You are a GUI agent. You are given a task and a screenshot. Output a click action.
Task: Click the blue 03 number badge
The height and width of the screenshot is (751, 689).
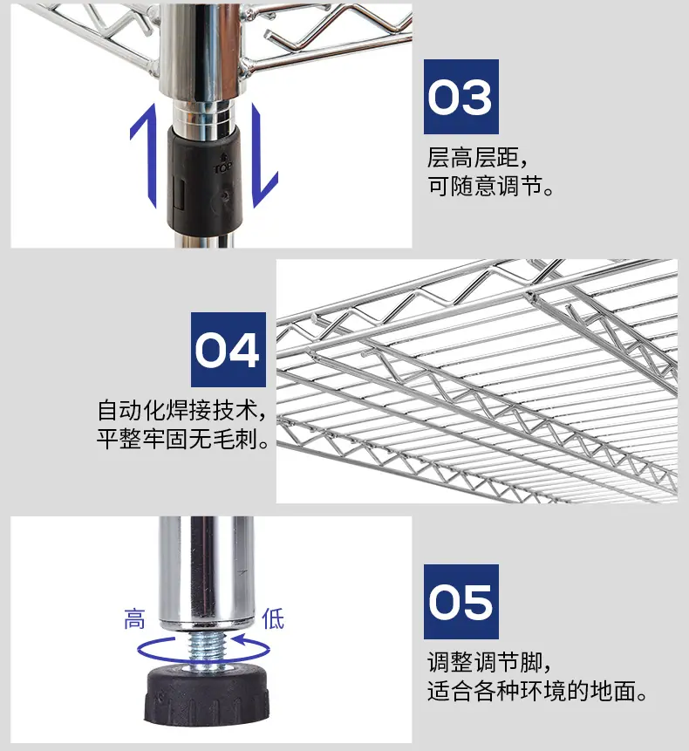pos(461,97)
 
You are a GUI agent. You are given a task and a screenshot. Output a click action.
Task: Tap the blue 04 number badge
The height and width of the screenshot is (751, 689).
pos(229,350)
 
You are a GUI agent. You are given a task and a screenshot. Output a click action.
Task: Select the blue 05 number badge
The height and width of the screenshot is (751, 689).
pos(461,602)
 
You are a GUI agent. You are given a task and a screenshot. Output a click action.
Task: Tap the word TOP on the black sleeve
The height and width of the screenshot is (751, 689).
pos(222,168)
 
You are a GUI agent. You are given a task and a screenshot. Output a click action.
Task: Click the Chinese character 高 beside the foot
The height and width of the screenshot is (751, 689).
pos(134,619)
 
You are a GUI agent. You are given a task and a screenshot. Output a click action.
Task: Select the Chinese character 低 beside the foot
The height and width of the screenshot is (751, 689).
pos(273,618)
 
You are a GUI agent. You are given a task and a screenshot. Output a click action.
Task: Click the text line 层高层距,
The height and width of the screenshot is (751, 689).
pos(477,158)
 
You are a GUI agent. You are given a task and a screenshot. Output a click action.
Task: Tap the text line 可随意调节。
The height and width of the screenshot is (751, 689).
pos(491,186)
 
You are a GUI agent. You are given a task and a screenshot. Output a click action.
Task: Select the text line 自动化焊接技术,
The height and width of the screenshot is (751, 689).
pos(181,411)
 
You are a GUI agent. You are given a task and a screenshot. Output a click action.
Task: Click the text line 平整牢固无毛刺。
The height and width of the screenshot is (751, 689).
pos(183,438)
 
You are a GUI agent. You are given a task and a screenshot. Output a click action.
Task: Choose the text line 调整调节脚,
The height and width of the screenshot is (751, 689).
pos(489,663)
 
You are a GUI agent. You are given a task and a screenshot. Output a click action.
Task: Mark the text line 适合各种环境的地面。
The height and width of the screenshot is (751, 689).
pos(538,691)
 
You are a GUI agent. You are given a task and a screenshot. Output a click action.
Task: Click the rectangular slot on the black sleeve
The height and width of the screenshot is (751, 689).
pos(178,194)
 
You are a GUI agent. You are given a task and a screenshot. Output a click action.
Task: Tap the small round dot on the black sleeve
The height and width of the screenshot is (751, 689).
pos(224,195)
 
